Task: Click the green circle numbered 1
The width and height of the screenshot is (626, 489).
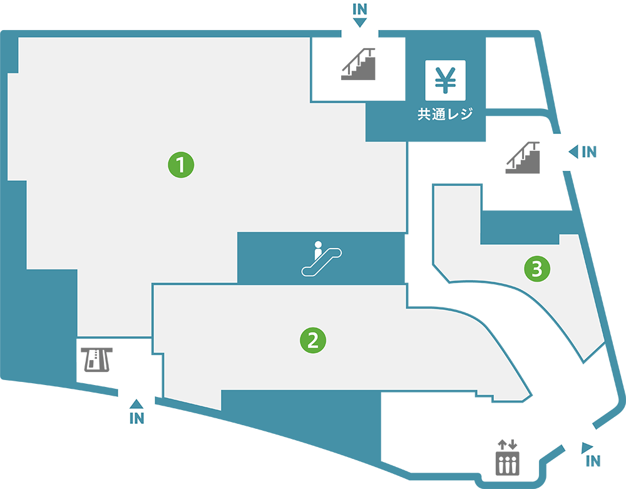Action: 181,165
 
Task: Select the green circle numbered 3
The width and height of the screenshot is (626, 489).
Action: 536,269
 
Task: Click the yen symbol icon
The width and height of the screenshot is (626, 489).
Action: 445,80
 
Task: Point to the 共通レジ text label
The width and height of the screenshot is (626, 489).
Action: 444,115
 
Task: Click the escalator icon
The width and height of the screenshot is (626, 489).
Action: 321,259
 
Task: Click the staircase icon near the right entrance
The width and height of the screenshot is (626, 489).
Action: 523,158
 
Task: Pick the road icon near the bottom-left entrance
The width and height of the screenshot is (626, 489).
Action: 95,359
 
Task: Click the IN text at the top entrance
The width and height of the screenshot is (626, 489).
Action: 360,9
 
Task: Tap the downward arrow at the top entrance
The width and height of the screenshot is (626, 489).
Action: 360,23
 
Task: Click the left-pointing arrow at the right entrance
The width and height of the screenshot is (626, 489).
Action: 573,152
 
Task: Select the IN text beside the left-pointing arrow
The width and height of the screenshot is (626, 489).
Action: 589,152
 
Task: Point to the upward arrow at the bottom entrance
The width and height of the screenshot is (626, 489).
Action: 136,404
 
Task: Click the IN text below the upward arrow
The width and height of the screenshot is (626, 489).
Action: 136,419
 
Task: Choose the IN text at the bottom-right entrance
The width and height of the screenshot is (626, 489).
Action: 593,462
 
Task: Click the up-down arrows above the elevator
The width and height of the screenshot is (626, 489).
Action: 507,445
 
